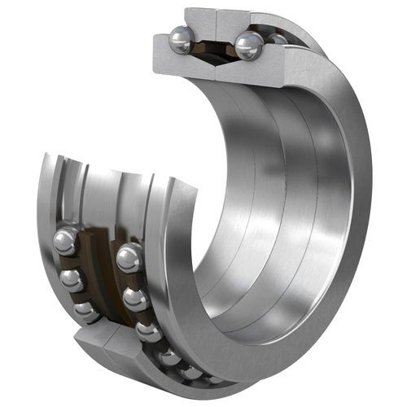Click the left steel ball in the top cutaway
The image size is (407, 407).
pos(181,40)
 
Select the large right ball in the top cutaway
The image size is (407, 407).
pos(248,45)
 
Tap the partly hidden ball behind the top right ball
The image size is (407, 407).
pos(278,38)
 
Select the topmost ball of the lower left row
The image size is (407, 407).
pos(65,242)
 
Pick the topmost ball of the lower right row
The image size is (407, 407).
pos(129,258)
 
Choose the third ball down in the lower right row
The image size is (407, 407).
pos(148,330)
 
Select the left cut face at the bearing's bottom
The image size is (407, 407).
pos(94,342)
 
